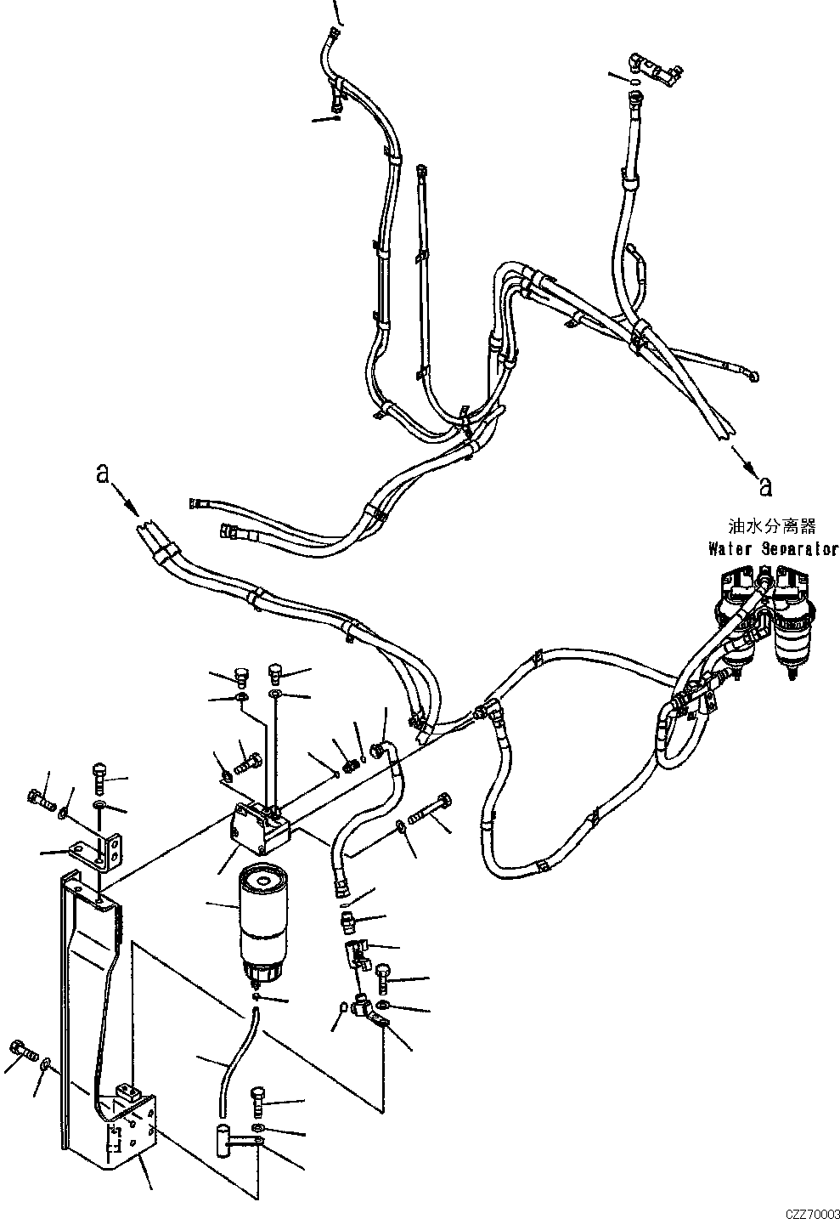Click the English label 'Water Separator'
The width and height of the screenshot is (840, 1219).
tap(773, 550)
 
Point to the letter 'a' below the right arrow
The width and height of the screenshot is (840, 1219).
tap(765, 485)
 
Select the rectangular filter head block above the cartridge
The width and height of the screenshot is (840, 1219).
tap(259, 829)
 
